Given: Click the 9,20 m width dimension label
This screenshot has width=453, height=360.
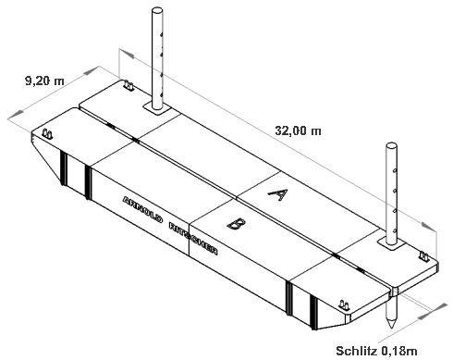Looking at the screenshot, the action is click(x=44, y=81).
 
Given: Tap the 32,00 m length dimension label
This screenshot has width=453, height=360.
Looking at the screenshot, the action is click(x=298, y=130).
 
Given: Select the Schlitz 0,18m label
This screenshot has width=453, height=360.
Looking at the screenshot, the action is click(x=376, y=351).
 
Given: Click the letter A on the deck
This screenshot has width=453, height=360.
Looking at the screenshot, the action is click(x=278, y=194).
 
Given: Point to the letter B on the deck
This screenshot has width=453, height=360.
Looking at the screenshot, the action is click(x=237, y=223).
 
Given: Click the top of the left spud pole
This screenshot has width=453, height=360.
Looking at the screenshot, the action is click(x=157, y=10).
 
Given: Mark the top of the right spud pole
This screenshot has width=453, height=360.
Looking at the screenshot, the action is click(x=391, y=145).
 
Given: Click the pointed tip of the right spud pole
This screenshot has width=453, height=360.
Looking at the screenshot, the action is click(x=391, y=328).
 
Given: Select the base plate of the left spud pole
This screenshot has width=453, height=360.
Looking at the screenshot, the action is click(x=157, y=109).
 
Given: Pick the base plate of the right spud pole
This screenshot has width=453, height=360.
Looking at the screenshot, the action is click(x=391, y=244).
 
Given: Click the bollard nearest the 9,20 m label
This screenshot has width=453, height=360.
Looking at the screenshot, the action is click(x=129, y=85).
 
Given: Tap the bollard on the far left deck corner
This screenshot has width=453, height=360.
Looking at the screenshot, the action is click(x=47, y=134).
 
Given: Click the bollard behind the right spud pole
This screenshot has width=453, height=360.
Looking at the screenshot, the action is click(x=424, y=256).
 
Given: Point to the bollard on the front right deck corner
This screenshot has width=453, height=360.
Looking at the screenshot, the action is click(x=344, y=305).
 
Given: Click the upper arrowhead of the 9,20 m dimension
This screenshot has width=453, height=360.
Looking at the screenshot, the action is click(x=92, y=71).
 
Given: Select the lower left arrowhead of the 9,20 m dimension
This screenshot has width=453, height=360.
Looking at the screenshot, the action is click(x=16, y=114).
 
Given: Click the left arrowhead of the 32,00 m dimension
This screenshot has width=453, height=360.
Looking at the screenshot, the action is click(x=127, y=53).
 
